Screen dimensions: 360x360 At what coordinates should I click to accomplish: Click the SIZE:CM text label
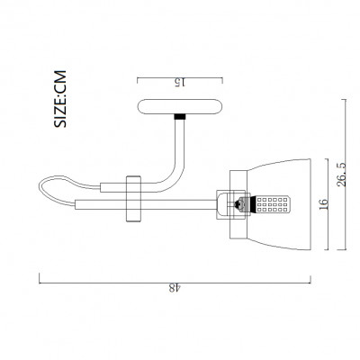point(60,99)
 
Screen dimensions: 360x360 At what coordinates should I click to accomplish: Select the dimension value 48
point(175,288)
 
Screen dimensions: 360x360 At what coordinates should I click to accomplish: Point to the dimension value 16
point(324,204)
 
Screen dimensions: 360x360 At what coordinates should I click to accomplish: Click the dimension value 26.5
point(341,175)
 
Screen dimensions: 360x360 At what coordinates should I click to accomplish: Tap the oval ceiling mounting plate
point(180,106)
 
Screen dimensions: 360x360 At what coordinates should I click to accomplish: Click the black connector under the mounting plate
point(180,117)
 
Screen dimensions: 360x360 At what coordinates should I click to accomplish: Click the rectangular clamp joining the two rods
point(133,199)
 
